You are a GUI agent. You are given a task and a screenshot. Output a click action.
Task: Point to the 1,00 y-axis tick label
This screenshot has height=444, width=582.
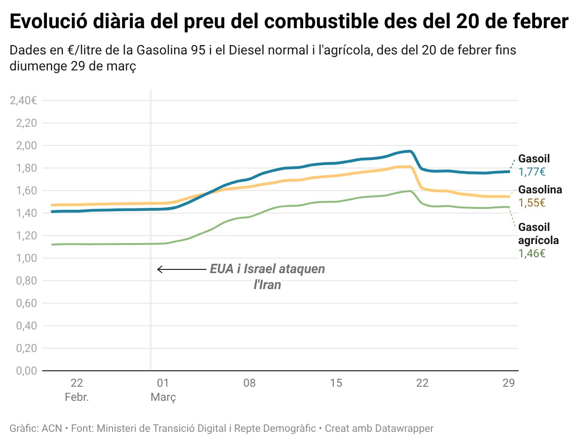pyautogui.click(x=26, y=258)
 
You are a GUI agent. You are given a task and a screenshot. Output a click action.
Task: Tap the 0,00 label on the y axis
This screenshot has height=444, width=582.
pyautogui.click(x=26, y=371)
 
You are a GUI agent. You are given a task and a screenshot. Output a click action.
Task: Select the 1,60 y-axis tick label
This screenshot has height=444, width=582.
pyautogui.click(x=26, y=191)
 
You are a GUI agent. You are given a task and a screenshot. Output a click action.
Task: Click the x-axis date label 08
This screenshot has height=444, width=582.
pyautogui.click(x=249, y=383)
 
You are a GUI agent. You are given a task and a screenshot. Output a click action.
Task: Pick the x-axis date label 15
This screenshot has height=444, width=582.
pyautogui.click(x=336, y=383)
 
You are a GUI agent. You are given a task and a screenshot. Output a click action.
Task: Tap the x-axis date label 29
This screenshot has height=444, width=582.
pyautogui.click(x=509, y=383)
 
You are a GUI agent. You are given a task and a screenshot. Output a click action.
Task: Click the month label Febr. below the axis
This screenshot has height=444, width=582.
pyautogui.click(x=77, y=398)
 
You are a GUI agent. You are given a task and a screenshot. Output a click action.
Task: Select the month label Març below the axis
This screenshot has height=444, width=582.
pyautogui.click(x=163, y=398)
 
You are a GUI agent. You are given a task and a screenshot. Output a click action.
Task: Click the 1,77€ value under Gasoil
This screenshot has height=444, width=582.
pyautogui.click(x=532, y=172)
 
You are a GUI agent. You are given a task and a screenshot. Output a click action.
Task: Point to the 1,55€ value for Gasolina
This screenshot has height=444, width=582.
pyautogui.click(x=532, y=203)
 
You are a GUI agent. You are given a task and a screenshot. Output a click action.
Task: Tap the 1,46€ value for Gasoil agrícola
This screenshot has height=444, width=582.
pyautogui.click(x=532, y=254)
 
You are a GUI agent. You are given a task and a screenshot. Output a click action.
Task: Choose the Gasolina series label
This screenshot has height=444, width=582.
pyautogui.click(x=540, y=190)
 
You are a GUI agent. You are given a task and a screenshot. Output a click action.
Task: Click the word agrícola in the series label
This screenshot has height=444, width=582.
pyautogui.click(x=538, y=241)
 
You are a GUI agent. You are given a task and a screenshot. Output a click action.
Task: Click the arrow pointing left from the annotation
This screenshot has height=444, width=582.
pyautogui.click(x=181, y=269)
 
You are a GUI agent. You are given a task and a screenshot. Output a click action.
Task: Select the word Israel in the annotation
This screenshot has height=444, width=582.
pyautogui.click(x=263, y=269)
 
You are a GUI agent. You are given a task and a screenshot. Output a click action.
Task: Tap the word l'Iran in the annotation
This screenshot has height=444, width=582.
pyautogui.click(x=267, y=284)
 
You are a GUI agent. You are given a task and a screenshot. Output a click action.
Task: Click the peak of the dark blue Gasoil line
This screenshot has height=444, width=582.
pyautogui.click(x=409, y=151)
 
